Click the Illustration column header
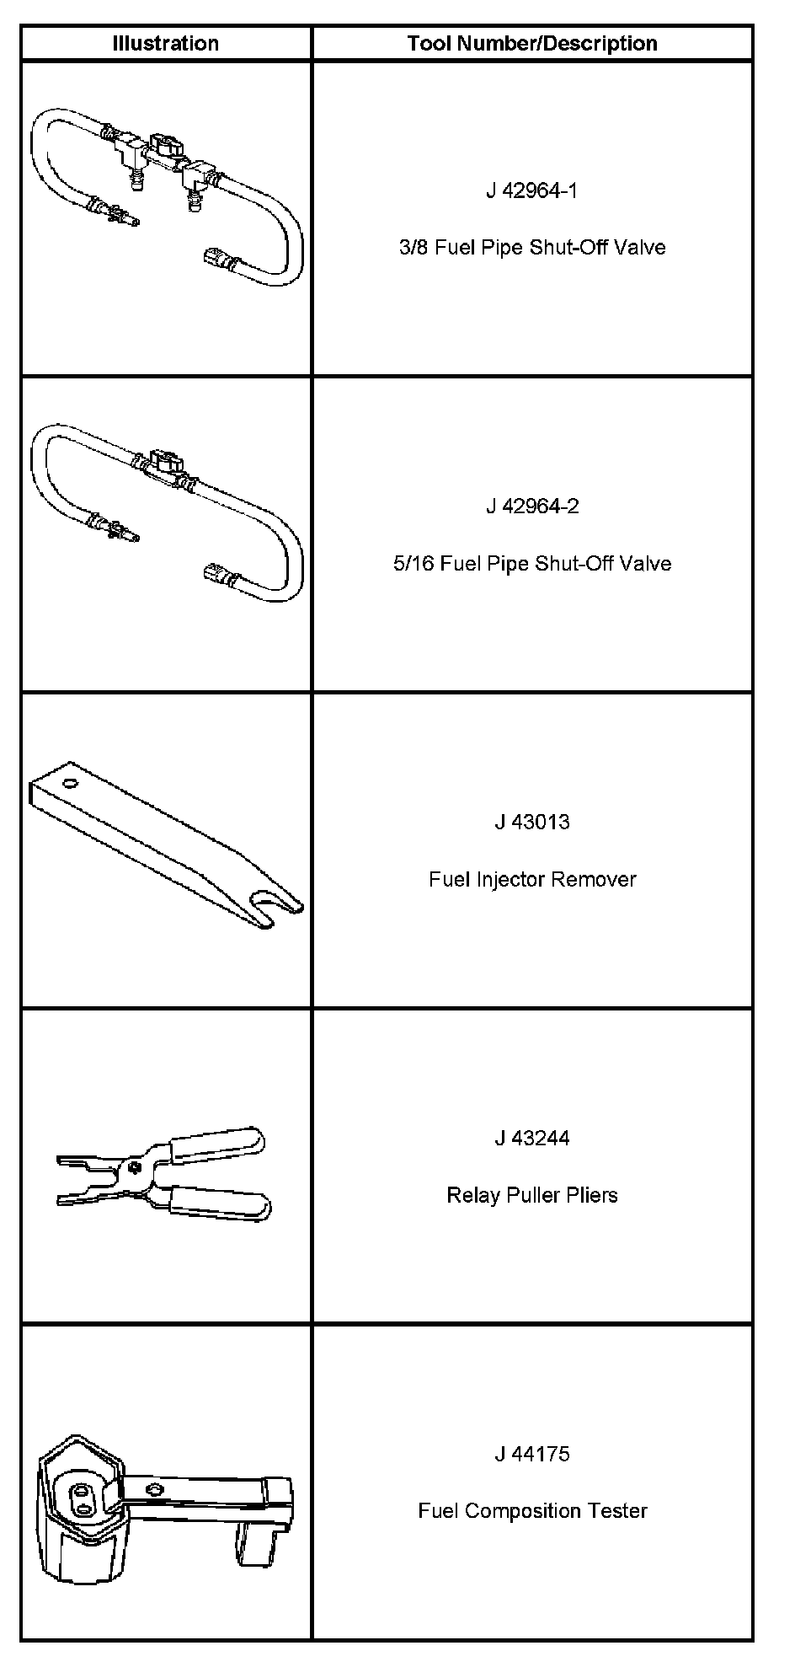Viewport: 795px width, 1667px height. tap(166, 44)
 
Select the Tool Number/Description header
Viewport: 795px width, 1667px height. tap(532, 44)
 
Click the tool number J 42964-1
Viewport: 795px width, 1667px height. tap(532, 190)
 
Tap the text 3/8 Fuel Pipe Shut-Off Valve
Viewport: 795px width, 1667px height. tap(532, 248)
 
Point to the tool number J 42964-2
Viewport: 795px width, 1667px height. tap(532, 507)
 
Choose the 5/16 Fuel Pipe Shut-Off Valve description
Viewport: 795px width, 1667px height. tap(532, 564)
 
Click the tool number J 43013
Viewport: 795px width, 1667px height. tap(532, 822)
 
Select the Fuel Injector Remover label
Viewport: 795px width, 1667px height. tap(532, 879)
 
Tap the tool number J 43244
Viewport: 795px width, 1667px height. tap(532, 1138)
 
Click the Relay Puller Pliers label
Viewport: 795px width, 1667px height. tap(532, 1195)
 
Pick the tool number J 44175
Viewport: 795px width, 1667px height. tap(532, 1454)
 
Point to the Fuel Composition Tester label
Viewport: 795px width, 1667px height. tap(532, 1511)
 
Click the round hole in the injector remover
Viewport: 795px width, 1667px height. tap(71, 784)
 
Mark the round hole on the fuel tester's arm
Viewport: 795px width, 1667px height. tap(153, 1489)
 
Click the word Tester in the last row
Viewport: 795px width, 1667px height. tap(619, 1511)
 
